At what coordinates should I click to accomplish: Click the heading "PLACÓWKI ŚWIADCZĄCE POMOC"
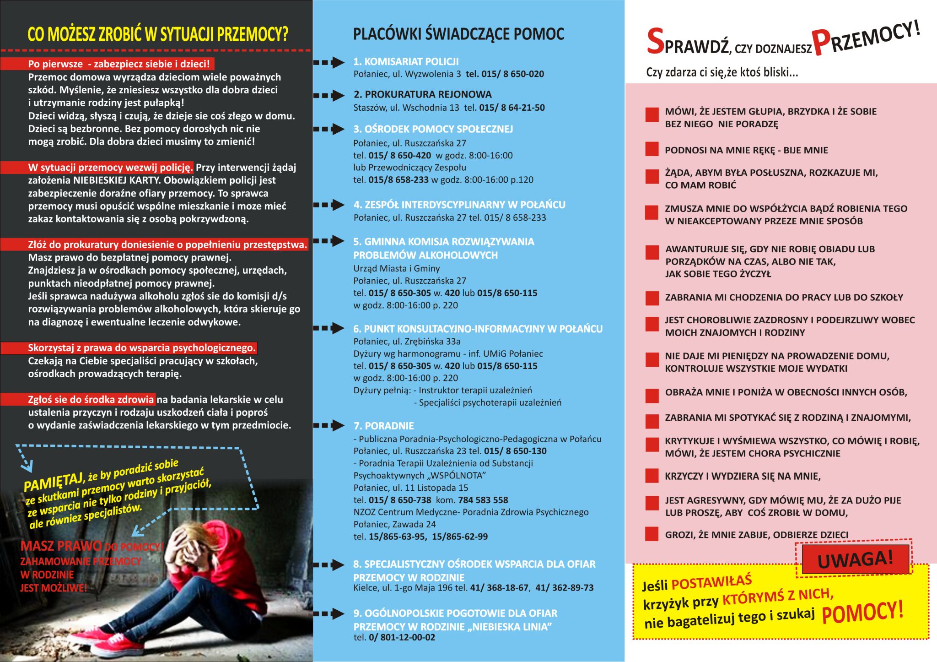(458, 34)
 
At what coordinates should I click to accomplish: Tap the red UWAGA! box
(855, 559)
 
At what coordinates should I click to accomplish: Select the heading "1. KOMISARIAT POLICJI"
(406, 62)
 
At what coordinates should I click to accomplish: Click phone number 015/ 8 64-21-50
(512, 108)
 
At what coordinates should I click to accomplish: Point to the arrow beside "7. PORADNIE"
(329, 425)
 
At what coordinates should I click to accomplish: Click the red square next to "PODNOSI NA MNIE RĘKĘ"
(652, 149)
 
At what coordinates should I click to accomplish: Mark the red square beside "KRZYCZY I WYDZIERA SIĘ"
(652, 476)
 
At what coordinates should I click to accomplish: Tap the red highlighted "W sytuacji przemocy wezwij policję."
(110, 168)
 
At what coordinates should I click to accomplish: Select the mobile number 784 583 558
(479, 500)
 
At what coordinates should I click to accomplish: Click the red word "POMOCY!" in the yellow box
(862, 613)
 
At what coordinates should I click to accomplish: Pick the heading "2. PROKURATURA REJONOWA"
(422, 95)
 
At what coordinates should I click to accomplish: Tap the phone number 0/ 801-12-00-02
(402, 637)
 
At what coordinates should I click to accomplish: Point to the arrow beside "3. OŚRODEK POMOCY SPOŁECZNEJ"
(329, 129)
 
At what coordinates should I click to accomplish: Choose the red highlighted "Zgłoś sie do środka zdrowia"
(91, 399)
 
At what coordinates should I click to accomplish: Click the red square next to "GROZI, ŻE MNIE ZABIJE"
(652, 534)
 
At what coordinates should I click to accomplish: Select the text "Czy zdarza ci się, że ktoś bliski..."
(722, 72)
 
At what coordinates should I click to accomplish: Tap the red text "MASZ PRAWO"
(61, 546)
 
